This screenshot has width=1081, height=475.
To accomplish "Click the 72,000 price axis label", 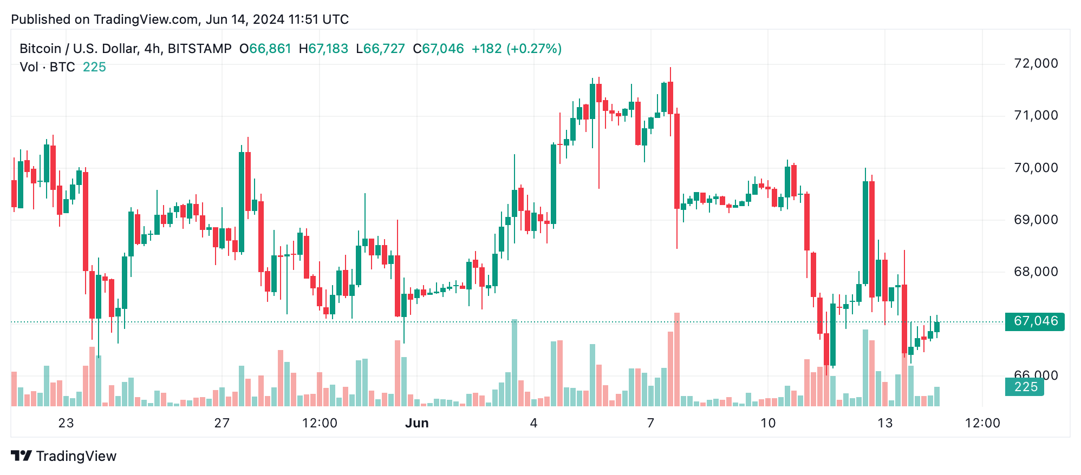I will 1036,63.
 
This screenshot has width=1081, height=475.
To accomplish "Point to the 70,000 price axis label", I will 1036,168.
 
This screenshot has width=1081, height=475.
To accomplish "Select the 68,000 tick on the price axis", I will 1036,272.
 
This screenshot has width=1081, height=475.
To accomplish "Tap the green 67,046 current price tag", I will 1034,321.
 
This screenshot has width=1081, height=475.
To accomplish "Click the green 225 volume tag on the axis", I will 1025,387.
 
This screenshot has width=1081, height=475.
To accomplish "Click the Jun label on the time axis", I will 416,423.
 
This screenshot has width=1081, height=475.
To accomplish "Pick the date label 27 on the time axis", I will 222,423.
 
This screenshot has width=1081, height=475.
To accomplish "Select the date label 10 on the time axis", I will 767,423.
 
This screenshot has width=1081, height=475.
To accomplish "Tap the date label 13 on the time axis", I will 884,423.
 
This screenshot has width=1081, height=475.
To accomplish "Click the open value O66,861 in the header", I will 265,49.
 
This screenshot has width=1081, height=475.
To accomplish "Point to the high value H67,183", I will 323,49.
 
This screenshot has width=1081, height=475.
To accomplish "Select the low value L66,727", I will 380,49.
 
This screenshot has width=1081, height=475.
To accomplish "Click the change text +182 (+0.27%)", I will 516,49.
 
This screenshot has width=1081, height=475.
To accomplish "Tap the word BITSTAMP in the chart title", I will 199,49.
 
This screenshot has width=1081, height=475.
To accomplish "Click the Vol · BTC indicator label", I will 47,67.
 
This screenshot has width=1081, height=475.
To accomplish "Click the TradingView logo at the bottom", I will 64,456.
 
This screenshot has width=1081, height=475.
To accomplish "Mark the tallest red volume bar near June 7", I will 677,360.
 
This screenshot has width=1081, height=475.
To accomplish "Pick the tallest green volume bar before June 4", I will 515,362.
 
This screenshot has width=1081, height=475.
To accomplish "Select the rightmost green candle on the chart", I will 937,327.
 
